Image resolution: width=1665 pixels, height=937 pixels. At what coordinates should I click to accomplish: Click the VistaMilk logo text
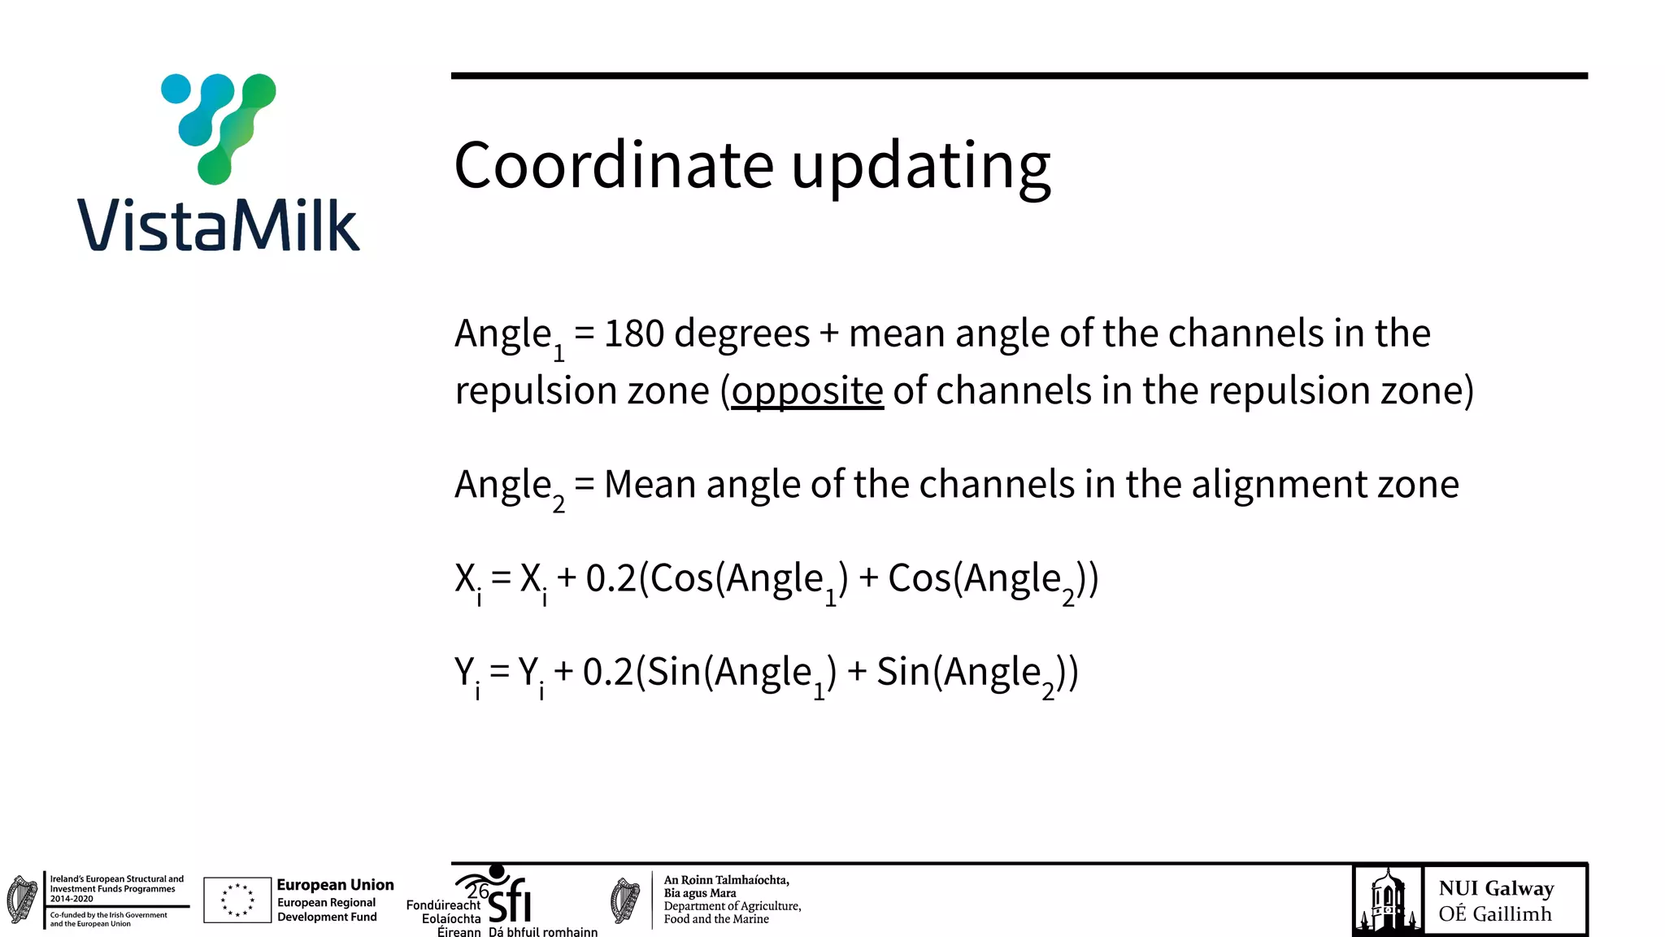[x=218, y=224]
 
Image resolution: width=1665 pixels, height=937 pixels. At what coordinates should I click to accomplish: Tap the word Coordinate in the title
[x=614, y=165]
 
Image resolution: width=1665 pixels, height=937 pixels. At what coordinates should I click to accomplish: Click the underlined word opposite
[x=807, y=391]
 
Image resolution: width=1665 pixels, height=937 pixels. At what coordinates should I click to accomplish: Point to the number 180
[x=634, y=333]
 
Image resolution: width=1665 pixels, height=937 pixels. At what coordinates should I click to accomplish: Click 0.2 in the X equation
[x=611, y=578]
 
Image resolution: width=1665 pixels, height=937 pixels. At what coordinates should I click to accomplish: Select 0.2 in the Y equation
[x=607, y=673]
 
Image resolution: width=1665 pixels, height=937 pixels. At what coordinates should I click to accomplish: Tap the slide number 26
[x=478, y=891]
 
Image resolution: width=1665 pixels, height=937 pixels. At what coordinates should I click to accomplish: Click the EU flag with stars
[x=237, y=900]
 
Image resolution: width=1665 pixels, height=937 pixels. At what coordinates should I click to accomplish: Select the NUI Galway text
[x=1496, y=888]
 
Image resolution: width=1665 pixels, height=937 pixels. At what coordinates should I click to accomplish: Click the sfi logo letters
[x=511, y=901]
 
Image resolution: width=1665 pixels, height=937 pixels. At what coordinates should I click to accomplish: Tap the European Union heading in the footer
[x=335, y=885]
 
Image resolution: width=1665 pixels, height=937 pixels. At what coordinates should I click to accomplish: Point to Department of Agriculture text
[x=732, y=906]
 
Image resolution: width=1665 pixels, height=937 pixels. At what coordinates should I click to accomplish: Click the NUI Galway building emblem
[x=1388, y=900]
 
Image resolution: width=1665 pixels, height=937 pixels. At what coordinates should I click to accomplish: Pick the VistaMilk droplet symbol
[x=219, y=126]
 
